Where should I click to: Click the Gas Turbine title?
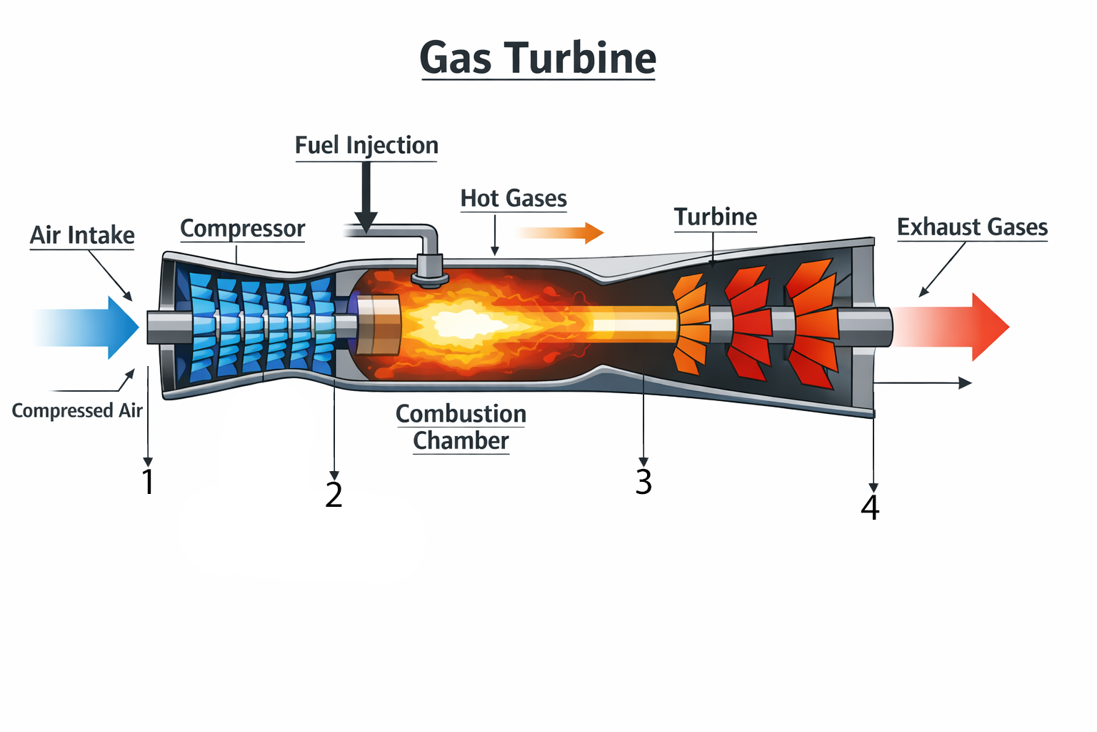click(x=538, y=57)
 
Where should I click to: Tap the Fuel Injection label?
click(x=366, y=145)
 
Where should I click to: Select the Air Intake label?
click(x=82, y=235)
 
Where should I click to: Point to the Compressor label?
click(x=242, y=229)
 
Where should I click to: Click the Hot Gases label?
click(x=514, y=198)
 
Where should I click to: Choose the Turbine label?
click(x=715, y=217)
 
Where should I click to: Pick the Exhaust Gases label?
click(x=972, y=227)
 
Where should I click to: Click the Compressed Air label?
click(x=77, y=410)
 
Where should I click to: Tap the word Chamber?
click(x=461, y=441)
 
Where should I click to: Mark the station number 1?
click(x=148, y=482)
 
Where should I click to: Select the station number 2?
click(x=334, y=495)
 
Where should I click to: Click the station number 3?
click(x=643, y=482)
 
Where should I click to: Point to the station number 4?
click(x=870, y=508)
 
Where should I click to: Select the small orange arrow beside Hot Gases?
click(x=561, y=232)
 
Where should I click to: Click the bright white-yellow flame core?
click(x=464, y=325)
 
